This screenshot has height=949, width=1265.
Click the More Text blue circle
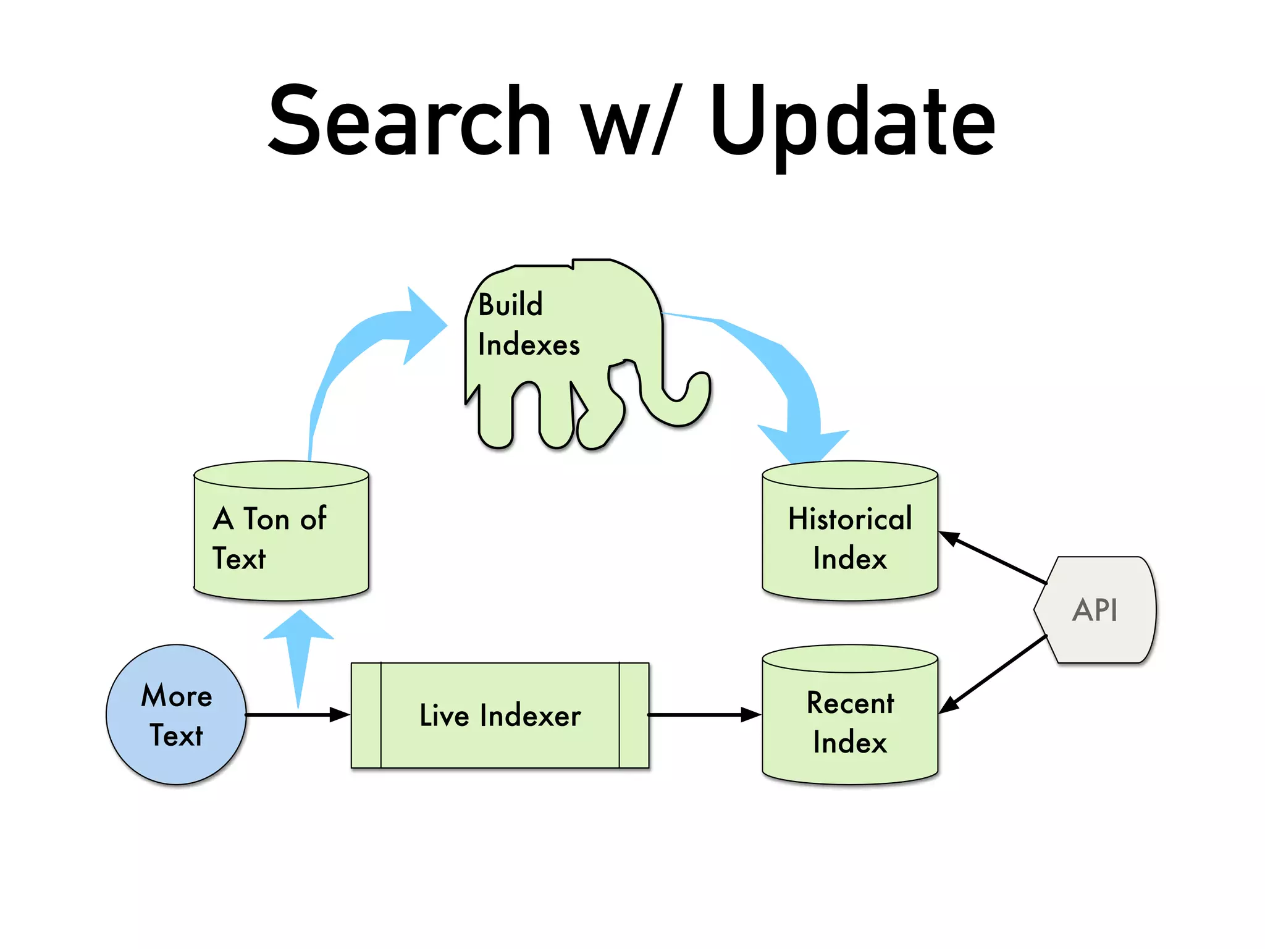[x=176, y=715]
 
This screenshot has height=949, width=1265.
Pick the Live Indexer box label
[x=500, y=715]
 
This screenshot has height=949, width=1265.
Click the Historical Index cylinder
[x=850, y=538]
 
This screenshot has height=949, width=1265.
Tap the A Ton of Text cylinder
[x=281, y=538]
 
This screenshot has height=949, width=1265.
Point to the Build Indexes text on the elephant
[x=528, y=324]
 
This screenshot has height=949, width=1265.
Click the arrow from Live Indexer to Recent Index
[x=704, y=715]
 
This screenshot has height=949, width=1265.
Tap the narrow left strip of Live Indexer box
[x=366, y=715]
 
